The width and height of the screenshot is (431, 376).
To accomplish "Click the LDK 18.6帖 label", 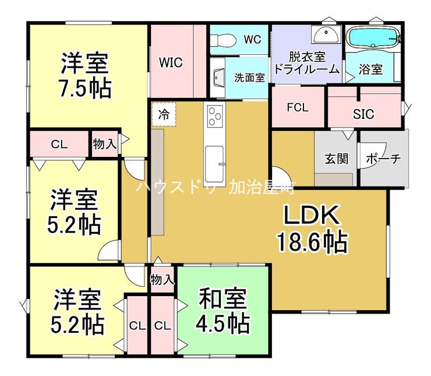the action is pos(312,229).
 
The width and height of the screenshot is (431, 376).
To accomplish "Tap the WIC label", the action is pos(171,62).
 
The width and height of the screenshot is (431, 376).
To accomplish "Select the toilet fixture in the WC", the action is pos(223,40).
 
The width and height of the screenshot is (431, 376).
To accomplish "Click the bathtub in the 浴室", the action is pos(372,37).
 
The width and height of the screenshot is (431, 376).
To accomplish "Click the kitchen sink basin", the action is pos(214,164).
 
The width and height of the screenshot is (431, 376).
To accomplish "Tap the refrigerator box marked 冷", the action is pos(164,114).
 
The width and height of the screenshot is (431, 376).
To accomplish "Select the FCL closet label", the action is pos(298,107).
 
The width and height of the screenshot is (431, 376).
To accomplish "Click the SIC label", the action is pos(363,114).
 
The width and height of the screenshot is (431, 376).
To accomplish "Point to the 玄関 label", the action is pos(336,159).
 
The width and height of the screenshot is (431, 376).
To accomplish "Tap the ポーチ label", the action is pos(383,159).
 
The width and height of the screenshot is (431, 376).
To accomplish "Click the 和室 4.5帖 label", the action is pos(222,311).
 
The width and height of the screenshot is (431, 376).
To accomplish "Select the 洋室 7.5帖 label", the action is pos(85,75).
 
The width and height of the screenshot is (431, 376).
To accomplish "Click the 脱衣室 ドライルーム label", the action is pos(307,63).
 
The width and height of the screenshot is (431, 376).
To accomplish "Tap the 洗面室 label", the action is pos(250,78).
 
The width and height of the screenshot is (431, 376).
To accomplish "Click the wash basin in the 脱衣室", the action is pos(326,35).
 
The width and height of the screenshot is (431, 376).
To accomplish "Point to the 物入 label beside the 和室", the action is pos(162,280).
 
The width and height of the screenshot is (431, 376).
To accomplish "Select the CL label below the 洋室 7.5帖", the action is pos(59,144).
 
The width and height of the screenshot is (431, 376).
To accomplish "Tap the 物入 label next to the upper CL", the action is pos(105,144).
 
